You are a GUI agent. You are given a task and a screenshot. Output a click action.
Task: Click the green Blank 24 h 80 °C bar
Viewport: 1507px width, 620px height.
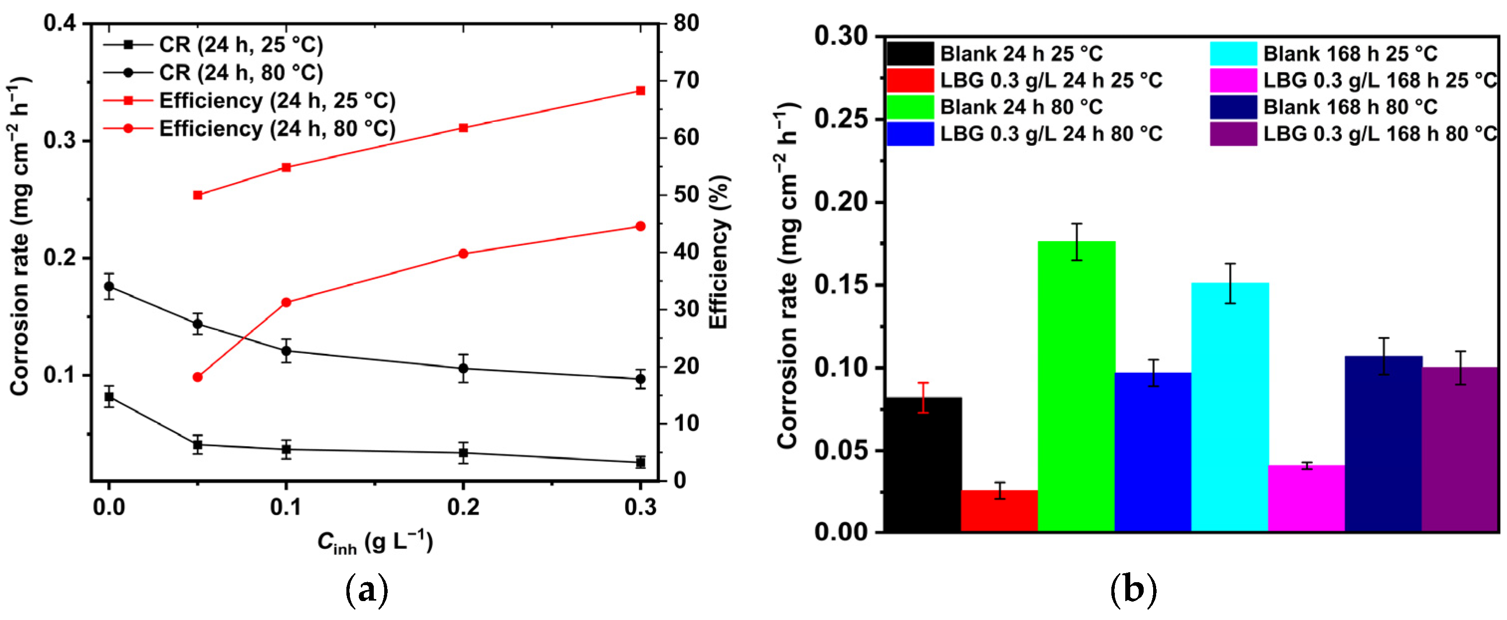(1076, 386)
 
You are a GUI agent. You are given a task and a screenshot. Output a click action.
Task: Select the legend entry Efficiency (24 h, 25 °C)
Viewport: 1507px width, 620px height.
(277, 101)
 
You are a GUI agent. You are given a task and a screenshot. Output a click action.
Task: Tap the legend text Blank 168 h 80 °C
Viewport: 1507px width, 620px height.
(1350, 107)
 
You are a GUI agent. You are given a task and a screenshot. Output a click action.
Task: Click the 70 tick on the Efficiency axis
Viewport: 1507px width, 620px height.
(686, 80)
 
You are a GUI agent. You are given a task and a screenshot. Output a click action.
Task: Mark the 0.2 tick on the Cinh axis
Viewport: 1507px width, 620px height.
(463, 507)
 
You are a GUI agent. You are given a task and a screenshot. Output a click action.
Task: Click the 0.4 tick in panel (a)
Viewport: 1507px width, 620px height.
(60, 24)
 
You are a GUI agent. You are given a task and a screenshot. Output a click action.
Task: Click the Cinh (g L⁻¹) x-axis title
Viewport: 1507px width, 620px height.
(375, 542)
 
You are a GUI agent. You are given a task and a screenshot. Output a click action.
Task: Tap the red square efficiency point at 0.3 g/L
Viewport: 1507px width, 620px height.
(640, 91)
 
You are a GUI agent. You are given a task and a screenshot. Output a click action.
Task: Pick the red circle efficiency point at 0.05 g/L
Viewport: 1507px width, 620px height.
(198, 377)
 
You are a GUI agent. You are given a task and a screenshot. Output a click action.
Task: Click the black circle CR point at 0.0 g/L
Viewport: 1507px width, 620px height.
(109, 286)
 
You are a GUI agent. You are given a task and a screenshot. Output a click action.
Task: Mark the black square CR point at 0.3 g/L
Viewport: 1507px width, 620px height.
(640, 463)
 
